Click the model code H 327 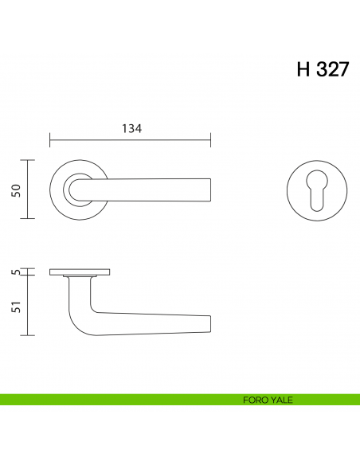[322, 69]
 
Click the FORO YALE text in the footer [268, 400]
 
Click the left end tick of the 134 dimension [50, 142]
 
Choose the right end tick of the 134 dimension [210, 142]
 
